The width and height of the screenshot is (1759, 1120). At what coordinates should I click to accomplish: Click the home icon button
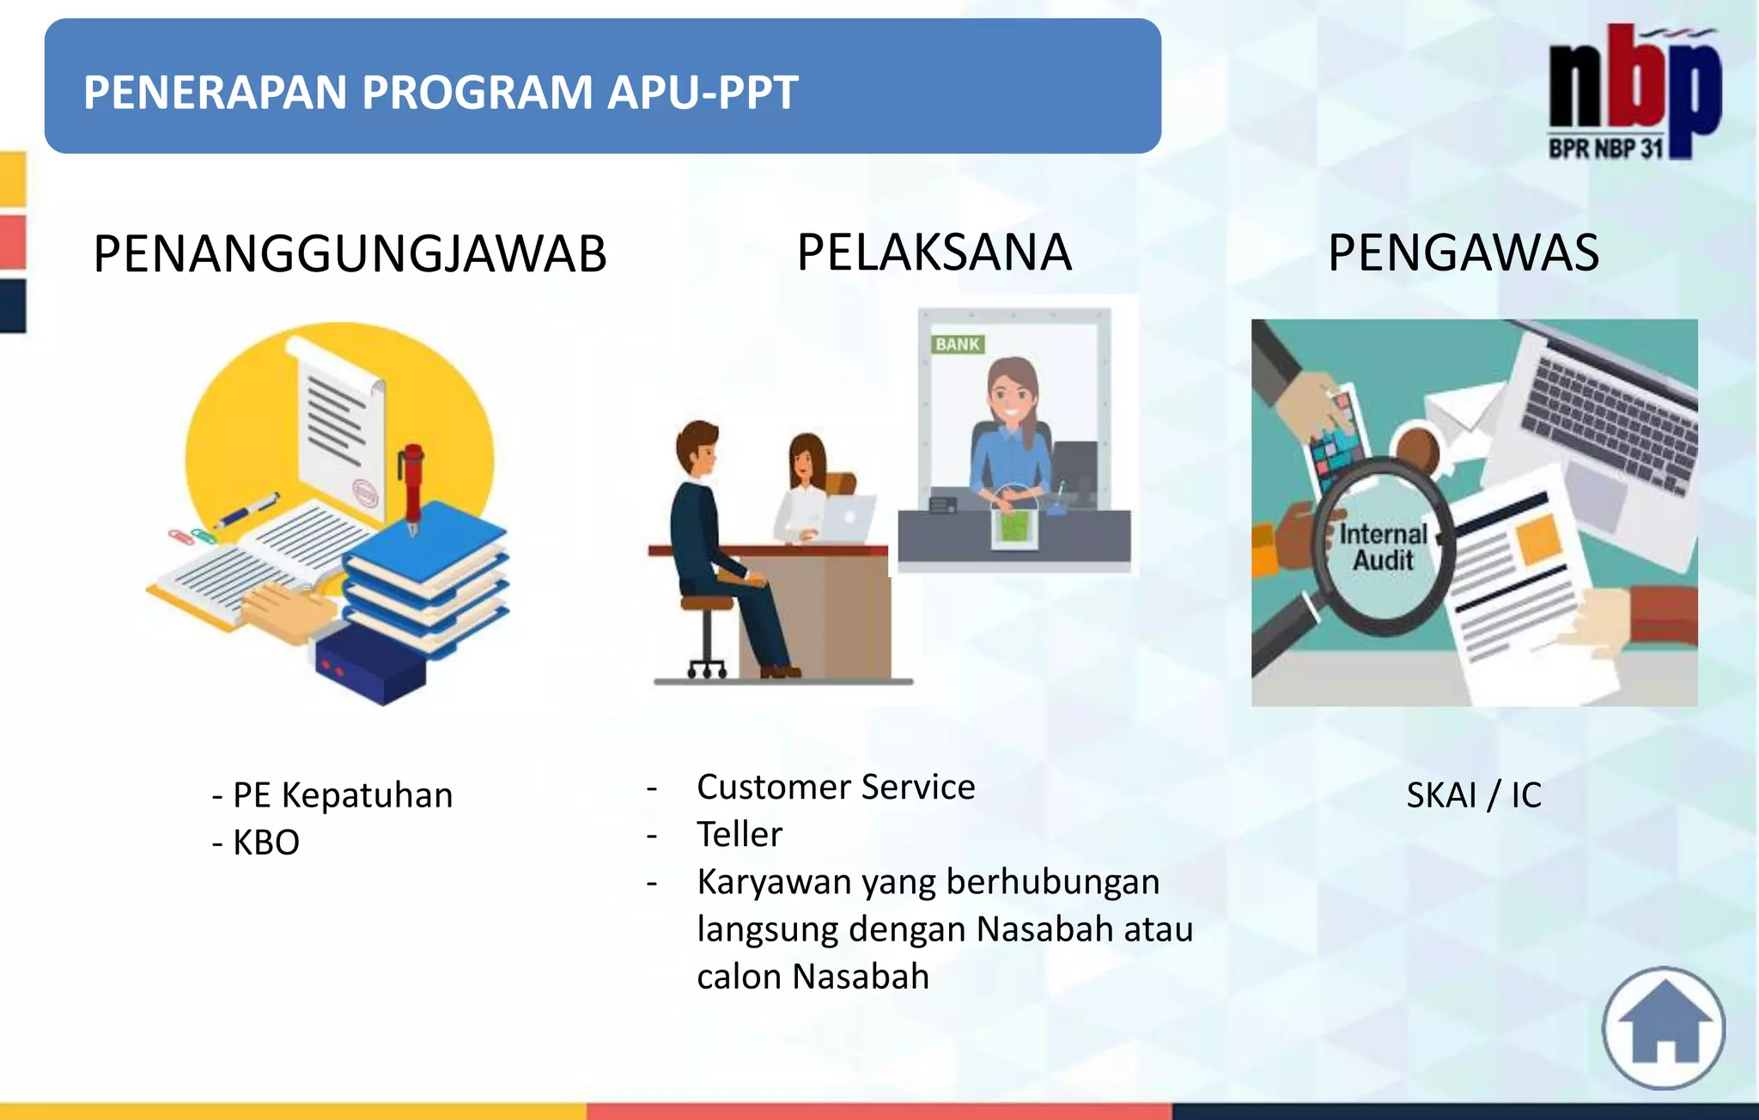(1664, 1028)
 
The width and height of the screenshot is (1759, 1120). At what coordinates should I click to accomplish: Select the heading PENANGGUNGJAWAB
(350, 254)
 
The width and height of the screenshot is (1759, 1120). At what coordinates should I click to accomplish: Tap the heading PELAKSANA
(934, 253)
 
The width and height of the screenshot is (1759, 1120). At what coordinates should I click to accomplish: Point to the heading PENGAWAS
(1463, 253)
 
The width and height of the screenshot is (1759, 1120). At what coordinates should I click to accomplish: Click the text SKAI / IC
(1473, 795)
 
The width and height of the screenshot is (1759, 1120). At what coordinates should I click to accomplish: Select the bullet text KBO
(265, 843)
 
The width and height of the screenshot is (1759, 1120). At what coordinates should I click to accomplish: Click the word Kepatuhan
(367, 795)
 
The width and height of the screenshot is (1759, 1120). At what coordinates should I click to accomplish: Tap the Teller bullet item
(740, 834)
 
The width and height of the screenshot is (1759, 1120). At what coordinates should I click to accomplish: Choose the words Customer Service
(836, 787)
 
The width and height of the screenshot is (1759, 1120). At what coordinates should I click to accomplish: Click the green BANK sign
(957, 344)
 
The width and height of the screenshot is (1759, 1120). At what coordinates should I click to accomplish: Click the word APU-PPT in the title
(703, 93)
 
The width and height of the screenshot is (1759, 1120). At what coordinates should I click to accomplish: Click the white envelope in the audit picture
(1460, 413)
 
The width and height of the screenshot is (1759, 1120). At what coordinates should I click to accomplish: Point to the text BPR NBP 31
(1605, 149)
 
